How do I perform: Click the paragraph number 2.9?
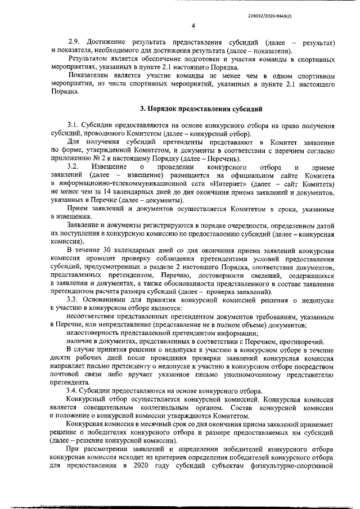pos(74,43)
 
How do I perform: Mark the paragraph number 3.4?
pos(74,390)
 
